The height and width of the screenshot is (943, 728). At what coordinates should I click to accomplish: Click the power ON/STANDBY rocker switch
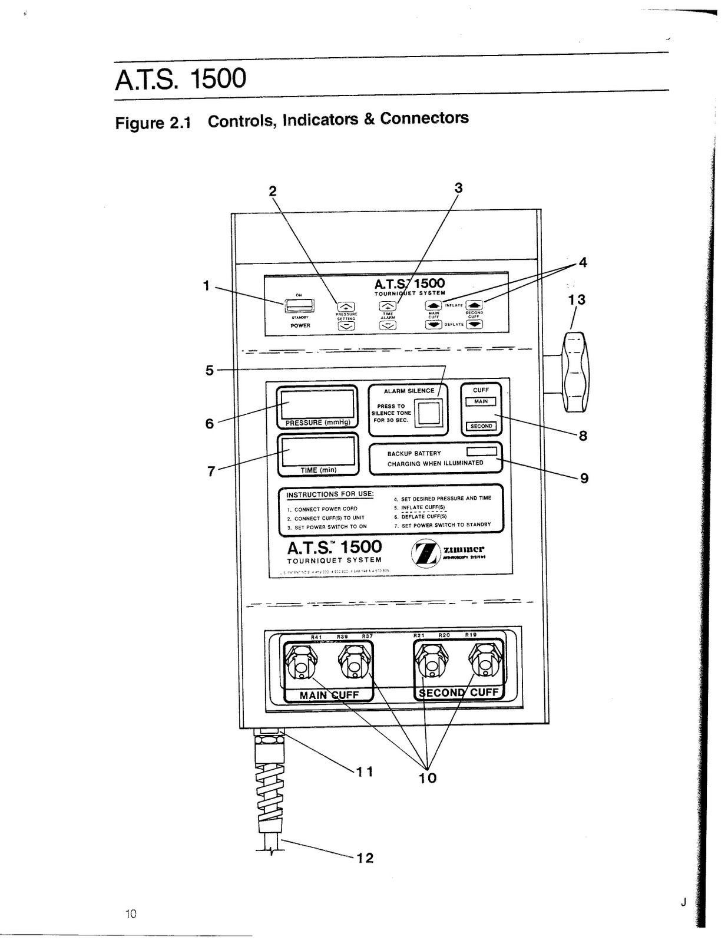tap(300, 305)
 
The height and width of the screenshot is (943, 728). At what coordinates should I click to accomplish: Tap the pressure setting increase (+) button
tap(346, 306)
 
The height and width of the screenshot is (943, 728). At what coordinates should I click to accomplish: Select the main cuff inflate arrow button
tap(434, 305)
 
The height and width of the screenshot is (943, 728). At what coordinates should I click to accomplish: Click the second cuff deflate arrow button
tap(474, 324)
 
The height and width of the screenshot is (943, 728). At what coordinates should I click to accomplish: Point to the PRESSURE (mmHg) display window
tap(317, 404)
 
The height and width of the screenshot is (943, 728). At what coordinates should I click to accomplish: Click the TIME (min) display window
tap(317, 451)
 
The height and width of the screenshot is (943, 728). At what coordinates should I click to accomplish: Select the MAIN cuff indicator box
tap(481, 401)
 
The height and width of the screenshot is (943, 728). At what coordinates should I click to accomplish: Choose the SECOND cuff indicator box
tap(481, 426)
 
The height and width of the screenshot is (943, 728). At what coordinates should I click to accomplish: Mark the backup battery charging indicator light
tap(481, 451)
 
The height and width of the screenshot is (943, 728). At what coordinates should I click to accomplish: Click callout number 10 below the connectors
tap(428, 778)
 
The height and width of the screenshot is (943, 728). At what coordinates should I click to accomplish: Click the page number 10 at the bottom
tap(131, 914)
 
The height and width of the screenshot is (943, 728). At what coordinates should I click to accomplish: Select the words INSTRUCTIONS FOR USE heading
tap(330, 494)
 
